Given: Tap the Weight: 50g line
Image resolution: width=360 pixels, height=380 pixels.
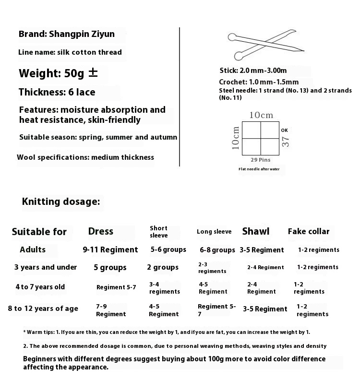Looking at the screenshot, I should (x=58, y=73).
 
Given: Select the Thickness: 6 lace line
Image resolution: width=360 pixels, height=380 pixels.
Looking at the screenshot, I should (x=57, y=92).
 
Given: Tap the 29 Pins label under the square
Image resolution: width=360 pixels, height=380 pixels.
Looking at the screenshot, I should (x=261, y=159).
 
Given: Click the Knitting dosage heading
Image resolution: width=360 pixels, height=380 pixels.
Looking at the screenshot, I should (x=61, y=202).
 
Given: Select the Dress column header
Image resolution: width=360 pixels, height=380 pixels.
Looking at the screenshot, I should (x=101, y=231).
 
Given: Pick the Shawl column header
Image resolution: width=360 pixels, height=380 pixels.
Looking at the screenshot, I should (x=256, y=231).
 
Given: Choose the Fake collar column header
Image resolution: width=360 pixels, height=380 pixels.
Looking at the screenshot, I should (x=309, y=231).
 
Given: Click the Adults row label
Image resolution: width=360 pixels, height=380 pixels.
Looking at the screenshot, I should (x=33, y=249).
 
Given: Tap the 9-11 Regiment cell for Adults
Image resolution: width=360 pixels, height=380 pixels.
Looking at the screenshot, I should (x=110, y=249).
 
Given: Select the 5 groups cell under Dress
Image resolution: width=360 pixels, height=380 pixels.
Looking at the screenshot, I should (x=110, y=268).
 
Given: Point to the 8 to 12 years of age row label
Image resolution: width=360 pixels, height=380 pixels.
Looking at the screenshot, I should (x=43, y=309).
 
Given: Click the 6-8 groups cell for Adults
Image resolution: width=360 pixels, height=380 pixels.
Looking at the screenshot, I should (x=217, y=250).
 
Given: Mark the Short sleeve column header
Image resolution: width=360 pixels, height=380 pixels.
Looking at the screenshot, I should (x=158, y=232).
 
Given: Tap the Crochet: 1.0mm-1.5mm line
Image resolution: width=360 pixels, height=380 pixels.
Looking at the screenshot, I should (x=259, y=82).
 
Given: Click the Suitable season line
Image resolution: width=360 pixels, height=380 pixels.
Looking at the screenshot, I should (x=98, y=137).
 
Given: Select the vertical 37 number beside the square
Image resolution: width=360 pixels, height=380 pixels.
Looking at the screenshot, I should (x=285, y=141).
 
